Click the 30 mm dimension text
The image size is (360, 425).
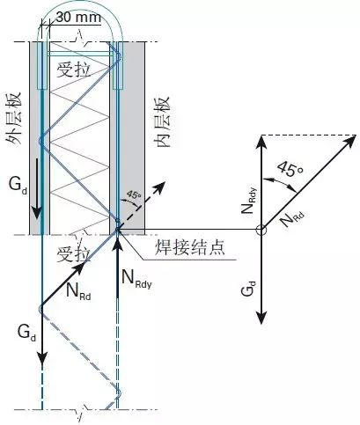pos(78,18)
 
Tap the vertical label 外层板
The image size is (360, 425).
pos(14,119)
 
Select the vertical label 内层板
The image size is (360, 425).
pos(162,121)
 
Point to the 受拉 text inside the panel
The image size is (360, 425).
pos(74,70)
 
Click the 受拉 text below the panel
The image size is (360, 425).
pos(74,253)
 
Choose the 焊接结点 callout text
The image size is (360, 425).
pos(190,247)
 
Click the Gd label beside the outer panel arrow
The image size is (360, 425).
pos(18,186)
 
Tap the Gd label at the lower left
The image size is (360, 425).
pos(26,333)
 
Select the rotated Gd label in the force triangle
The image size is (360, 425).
pos(248,288)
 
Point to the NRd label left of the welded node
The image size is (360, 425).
pos(78,291)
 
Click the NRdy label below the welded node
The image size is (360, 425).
pos(136,279)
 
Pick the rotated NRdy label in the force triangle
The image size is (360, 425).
pos(248,201)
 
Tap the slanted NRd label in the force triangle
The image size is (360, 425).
pos(291,219)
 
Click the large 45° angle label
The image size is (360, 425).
pos(290,169)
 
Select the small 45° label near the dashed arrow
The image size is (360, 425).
pos(134,194)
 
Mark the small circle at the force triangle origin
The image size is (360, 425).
pos(261,230)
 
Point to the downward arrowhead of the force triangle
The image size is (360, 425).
pos(261,318)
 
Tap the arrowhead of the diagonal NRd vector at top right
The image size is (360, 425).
pos(350,140)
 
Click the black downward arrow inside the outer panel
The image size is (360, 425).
pos(37,188)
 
